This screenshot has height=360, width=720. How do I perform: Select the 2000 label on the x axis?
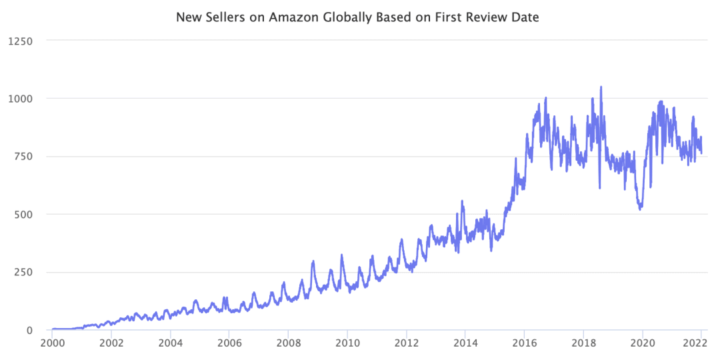[53, 344]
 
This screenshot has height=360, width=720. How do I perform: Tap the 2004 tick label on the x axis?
[170, 344]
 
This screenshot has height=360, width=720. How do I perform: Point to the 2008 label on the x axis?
[288, 344]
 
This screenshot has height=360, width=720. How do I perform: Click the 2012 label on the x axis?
[406, 344]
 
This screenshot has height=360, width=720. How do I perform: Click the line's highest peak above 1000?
[601, 87]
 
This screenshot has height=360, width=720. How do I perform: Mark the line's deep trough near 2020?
[640, 209]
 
